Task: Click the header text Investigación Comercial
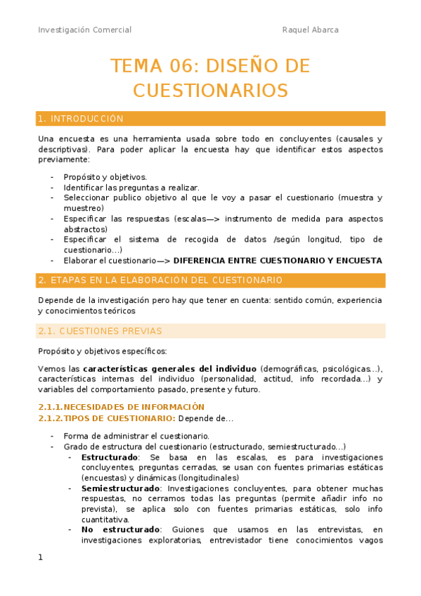(x=84, y=30)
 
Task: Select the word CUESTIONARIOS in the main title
(x=211, y=90)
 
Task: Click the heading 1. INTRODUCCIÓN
(x=81, y=119)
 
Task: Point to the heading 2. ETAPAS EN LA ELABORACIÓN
(x=161, y=280)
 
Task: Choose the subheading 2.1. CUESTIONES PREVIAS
(x=101, y=330)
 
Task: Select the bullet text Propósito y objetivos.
(x=105, y=176)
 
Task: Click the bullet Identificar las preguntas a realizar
(x=131, y=188)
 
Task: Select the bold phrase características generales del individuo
(x=170, y=369)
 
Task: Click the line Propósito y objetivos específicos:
(x=102, y=351)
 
